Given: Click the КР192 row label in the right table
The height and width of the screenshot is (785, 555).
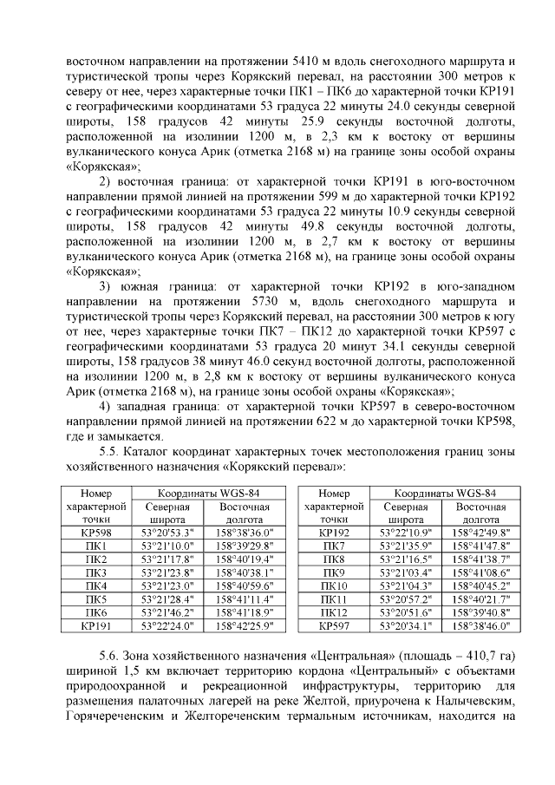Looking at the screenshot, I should [334, 532].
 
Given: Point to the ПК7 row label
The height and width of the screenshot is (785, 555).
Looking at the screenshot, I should [334, 546].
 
